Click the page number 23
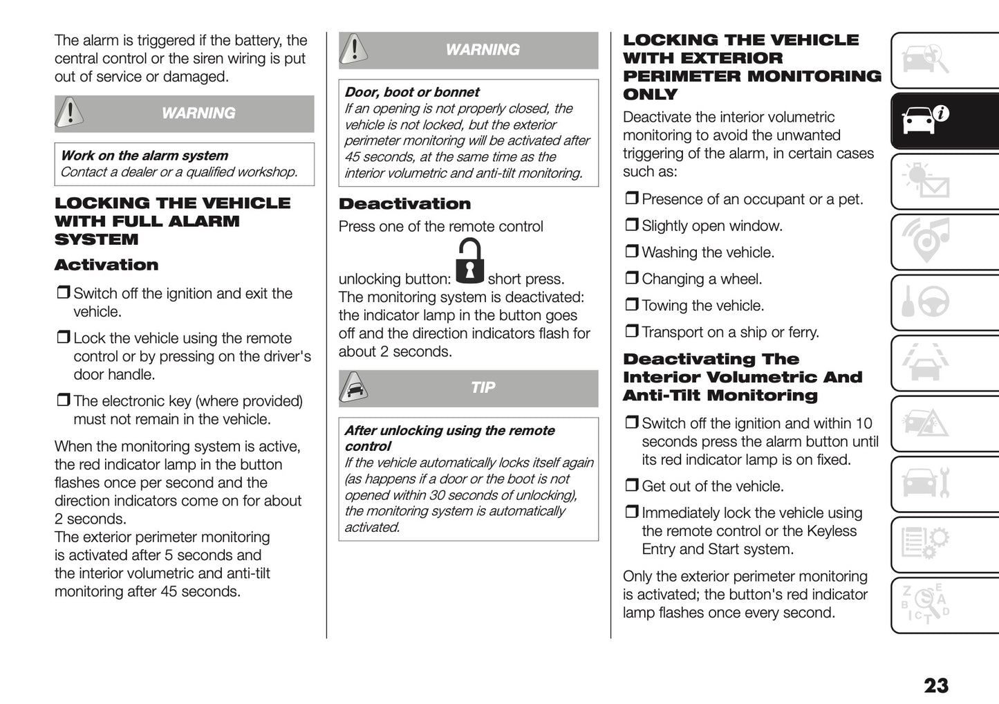click(935, 685)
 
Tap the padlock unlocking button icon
click(470, 261)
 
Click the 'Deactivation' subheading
click(404, 204)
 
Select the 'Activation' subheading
click(106, 265)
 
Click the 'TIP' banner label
click(483, 388)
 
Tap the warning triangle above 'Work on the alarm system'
click(70, 113)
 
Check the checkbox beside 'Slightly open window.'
click(631, 225)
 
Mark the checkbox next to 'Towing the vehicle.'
click(631, 305)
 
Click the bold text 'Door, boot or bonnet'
click(411, 92)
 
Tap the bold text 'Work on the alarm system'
click(144, 156)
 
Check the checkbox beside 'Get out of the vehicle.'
click(631, 485)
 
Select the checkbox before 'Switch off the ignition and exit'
click(63, 293)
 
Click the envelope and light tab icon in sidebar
click(926, 182)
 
